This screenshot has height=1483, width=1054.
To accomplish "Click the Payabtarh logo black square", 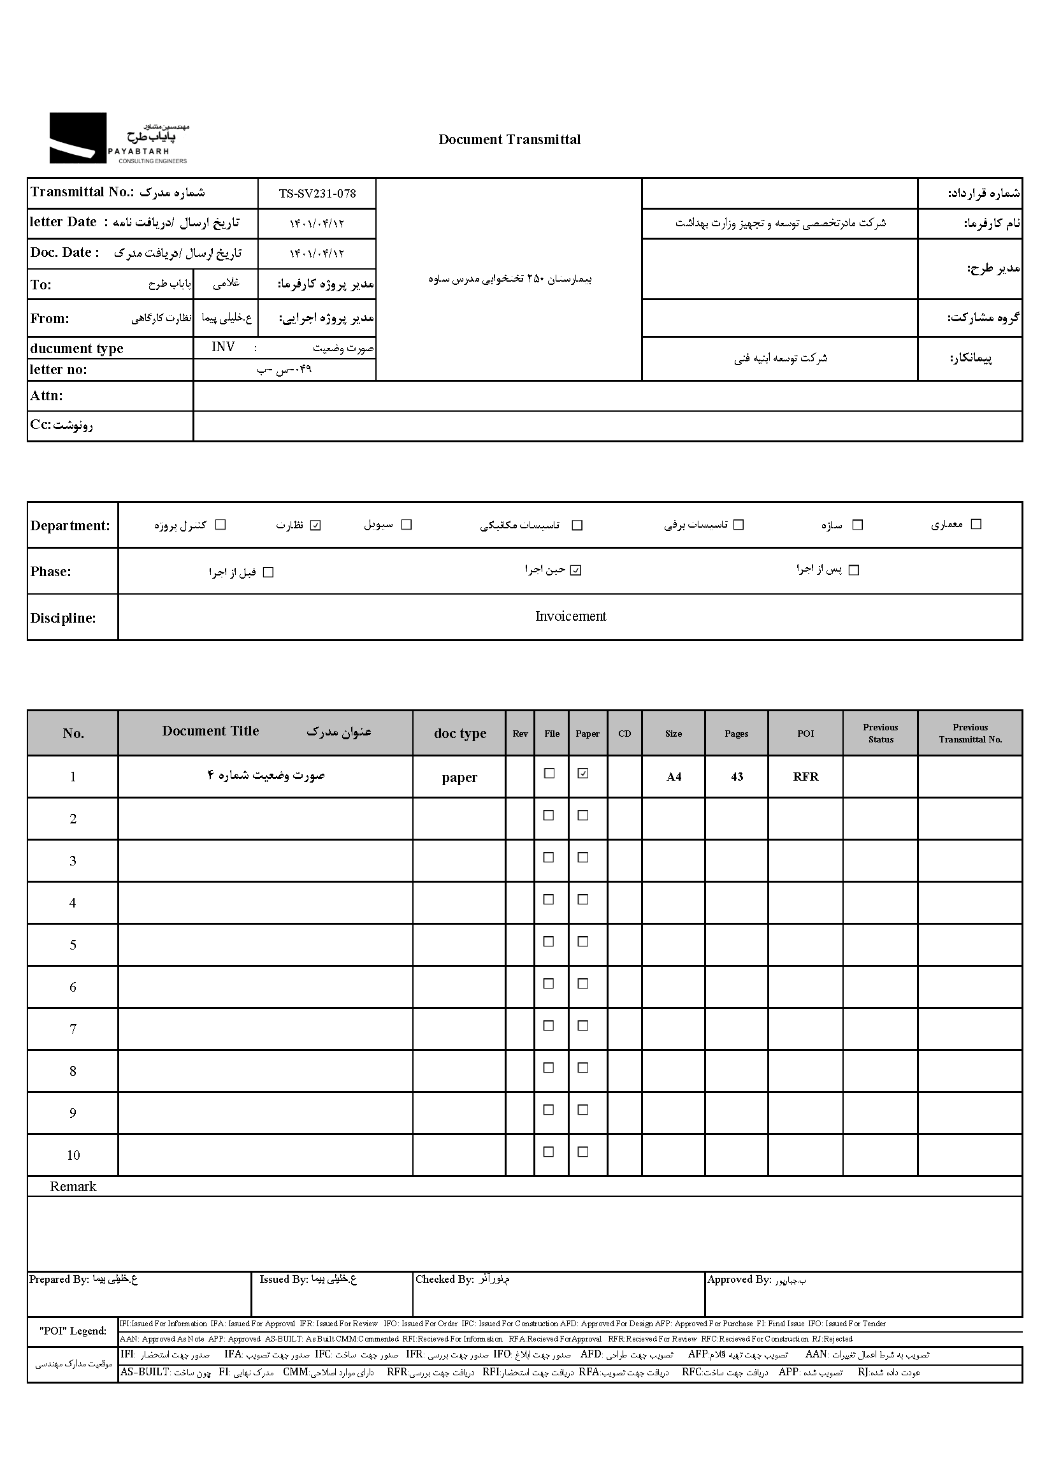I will (x=78, y=138).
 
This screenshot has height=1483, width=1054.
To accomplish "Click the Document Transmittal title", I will (x=510, y=140).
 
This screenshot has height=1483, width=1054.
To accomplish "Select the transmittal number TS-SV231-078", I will (x=317, y=193).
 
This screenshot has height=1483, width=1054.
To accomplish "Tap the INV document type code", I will (x=223, y=347).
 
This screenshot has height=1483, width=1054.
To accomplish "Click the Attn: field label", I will (x=46, y=396).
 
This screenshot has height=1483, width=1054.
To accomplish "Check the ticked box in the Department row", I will (x=315, y=525).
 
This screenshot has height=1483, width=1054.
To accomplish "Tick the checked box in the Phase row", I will (x=575, y=570).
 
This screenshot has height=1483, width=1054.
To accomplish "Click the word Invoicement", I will (x=570, y=616).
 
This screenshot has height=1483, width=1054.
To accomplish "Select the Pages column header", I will (x=736, y=734).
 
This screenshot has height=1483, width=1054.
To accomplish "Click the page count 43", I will (x=737, y=777).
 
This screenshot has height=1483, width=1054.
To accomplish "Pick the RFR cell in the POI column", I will (x=805, y=777).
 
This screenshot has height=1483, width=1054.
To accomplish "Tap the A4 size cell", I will (x=674, y=777).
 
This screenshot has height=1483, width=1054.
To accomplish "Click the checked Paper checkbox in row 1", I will (x=583, y=774).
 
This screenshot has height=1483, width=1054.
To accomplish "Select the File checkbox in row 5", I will (x=549, y=942).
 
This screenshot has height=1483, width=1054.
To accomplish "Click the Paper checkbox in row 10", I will (x=583, y=1152).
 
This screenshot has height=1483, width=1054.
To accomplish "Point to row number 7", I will (x=73, y=1029).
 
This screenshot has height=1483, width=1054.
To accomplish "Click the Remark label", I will (x=73, y=1187).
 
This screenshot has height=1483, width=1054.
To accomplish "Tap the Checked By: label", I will (x=445, y=1279).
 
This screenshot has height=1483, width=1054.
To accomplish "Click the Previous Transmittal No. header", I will (x=970, y=734).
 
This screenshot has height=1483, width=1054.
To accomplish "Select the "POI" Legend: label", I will (x=73, y=1331).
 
